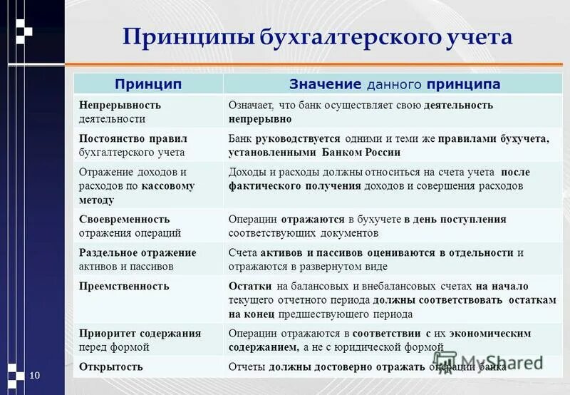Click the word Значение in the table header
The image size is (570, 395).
point(326,85)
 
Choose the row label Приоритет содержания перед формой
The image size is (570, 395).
point(140,340)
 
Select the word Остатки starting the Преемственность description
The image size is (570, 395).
point(247,286)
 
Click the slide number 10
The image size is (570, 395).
point(33,375)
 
